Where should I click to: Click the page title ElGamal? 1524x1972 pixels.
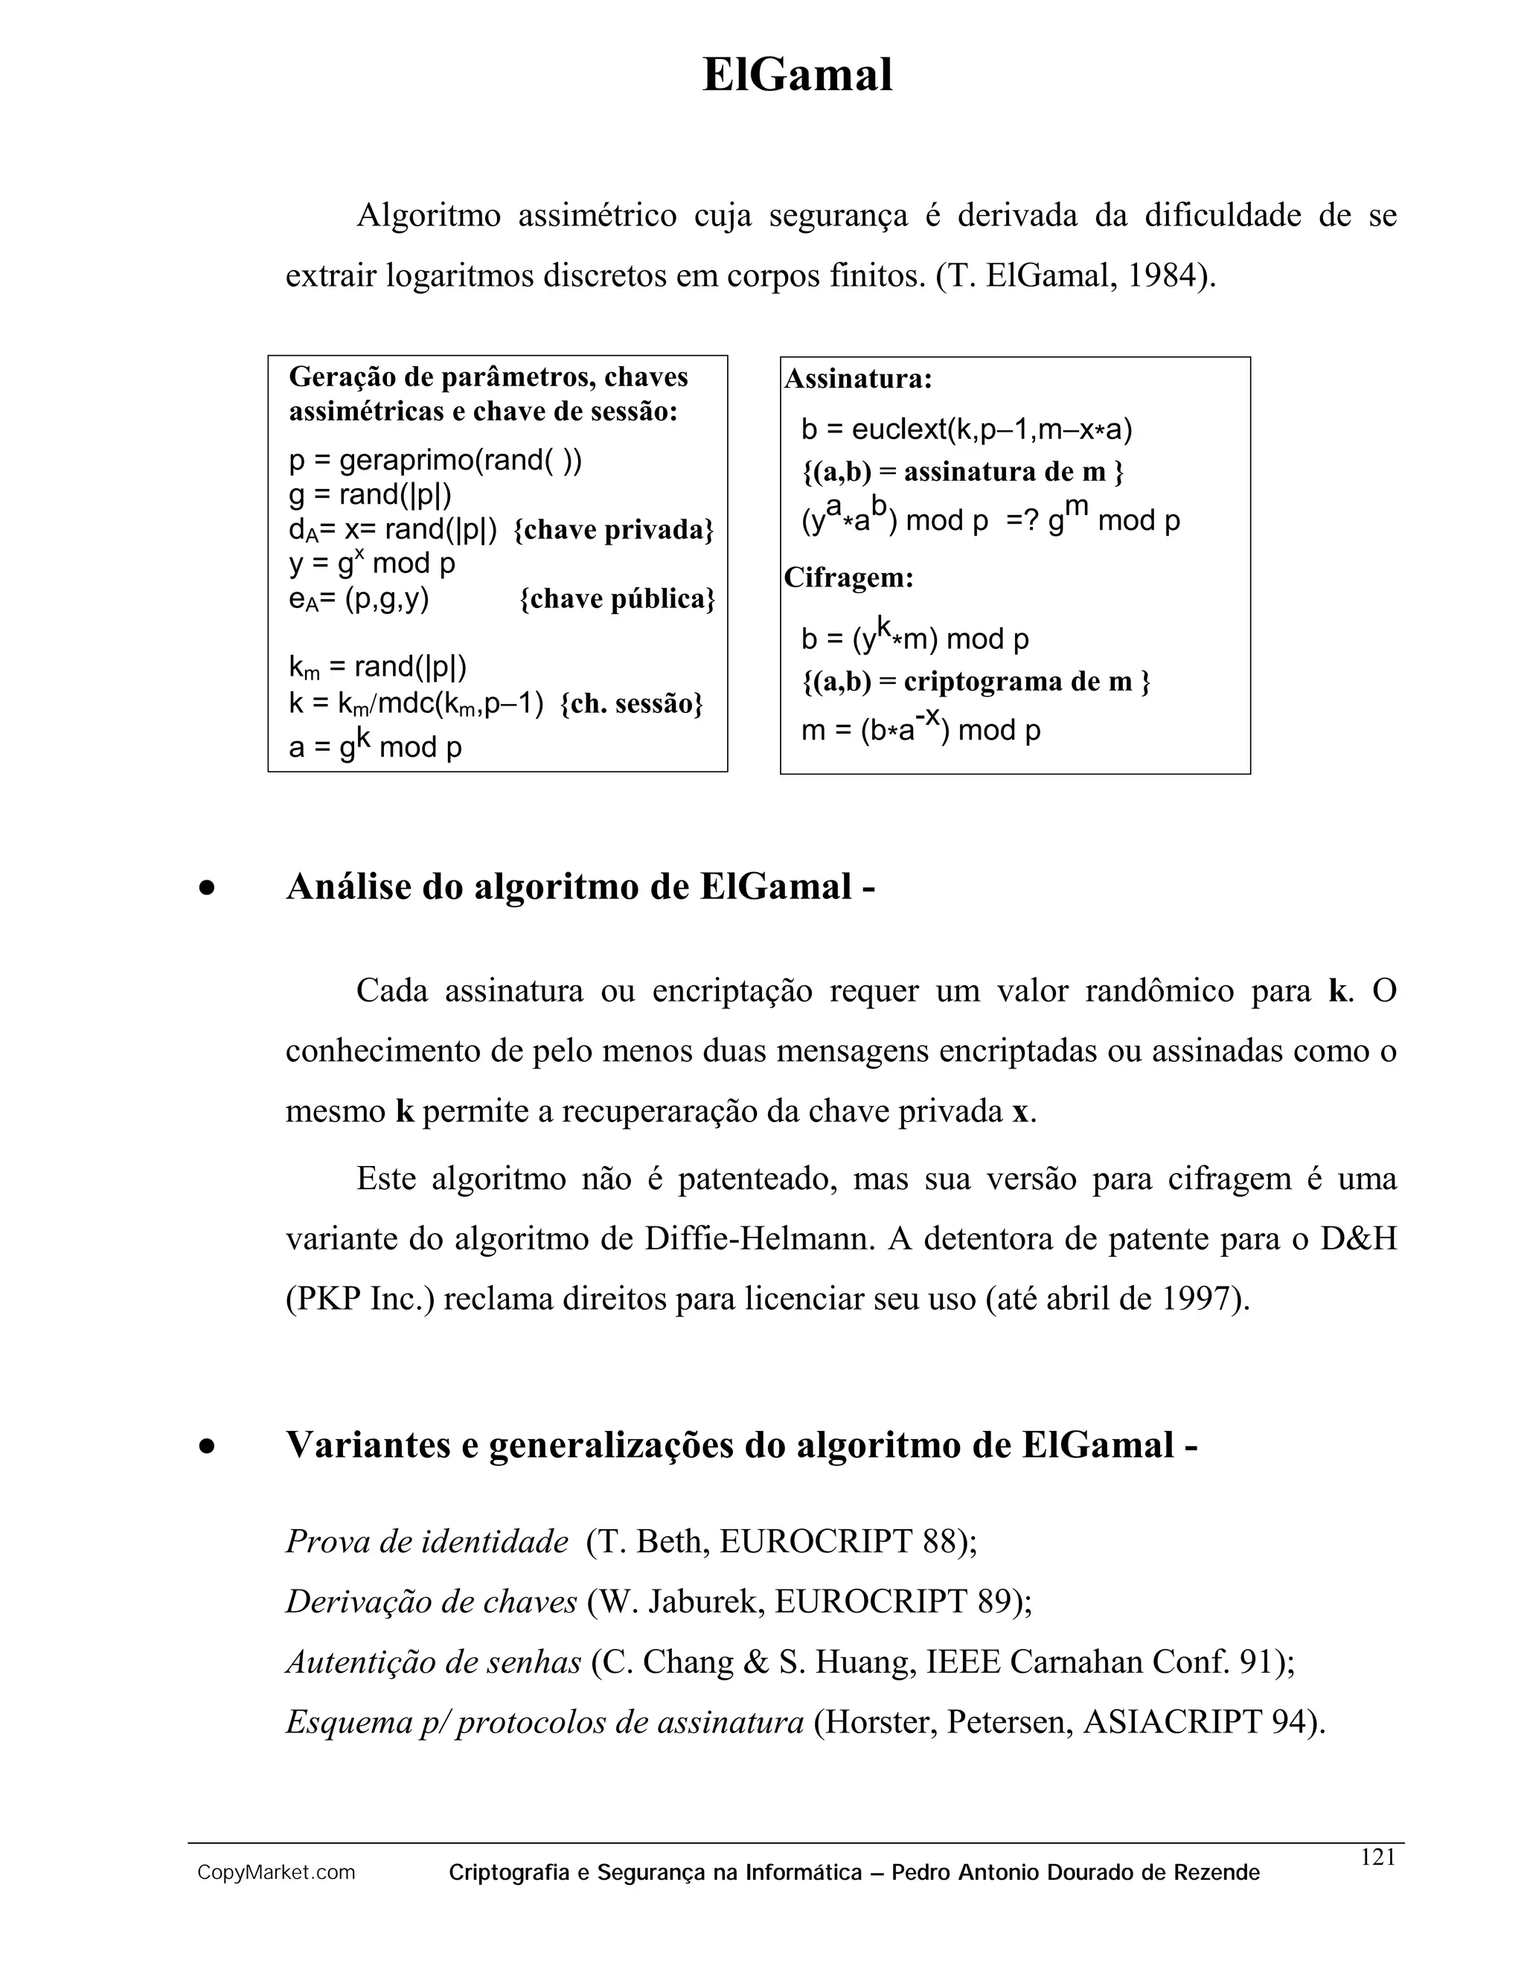pyautogui.click(x=797, y=75)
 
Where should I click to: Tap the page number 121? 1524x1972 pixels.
pyautogui.click(x=1377, y=1857)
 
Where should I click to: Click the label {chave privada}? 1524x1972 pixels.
pyautogui.click(x=613, y=529)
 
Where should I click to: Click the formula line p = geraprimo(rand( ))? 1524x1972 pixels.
pyautogui.click(x=435, y=461)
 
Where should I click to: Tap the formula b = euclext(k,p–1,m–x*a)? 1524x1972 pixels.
pyautogui.click(x=966, y=429)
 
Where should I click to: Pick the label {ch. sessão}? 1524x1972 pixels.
pyautogui.click(x=631, y=703)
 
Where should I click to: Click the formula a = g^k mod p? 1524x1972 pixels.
pyautogui.click(x=375, y=745)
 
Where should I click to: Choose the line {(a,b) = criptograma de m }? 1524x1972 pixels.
pyautogui.click(x=975, y=681)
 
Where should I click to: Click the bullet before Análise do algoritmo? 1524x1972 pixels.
pyautogui.click(x=208, y=889)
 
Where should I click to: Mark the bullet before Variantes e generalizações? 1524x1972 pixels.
pyautogui.click(x=208, y=1447)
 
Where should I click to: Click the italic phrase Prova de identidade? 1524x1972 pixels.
pyautogui.click(x=427, y=1541)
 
